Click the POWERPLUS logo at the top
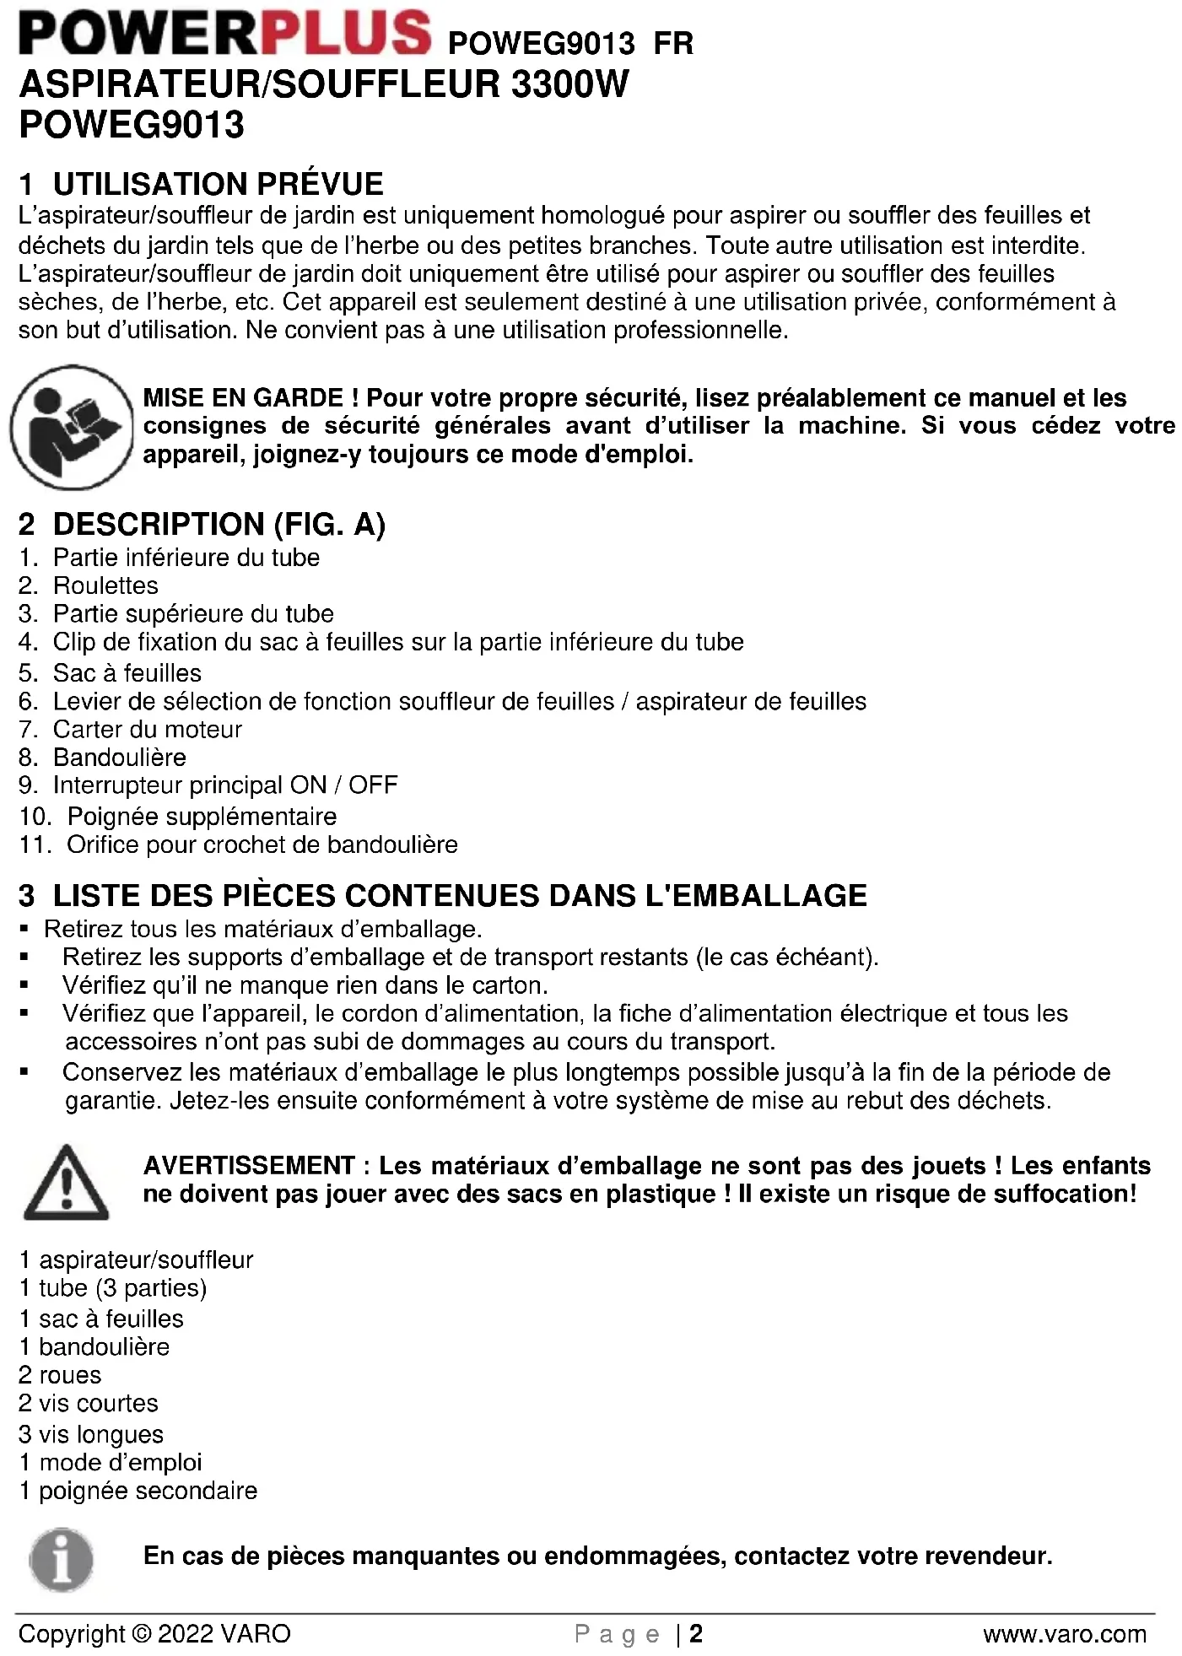pyautogui.click(x=224, y=34)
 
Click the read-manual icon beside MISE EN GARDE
pyautogui.click(x=73, y=427)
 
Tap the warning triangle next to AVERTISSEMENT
pyautogui.click(x=67, y=1184)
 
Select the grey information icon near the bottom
pyautogui.click(x=62, y=1560)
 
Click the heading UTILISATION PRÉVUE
pyautogui.click(x=218, y=184)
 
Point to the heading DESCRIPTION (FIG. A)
pyautogui.click(x=219, y=525)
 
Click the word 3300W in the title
pyautogui.click(x=569, y=84)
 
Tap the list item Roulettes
pyautogui.click(x=105, y=585)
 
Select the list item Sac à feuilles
pyautogui.click(x=127, y=673)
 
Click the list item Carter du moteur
pyautogui.click(x=147, y=729)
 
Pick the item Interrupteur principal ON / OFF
pyautogui.click(x=224, y=785)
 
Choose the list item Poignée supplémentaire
pyautogui.click(x=202, y=817)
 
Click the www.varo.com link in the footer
pyautogui.click(x=1065, y=1634)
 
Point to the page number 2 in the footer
pyautogui.click(x=696, y=1634)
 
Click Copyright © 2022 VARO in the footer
pyautogui.click(x=154, y=1634)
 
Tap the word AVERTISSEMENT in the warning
pyautogui.click(x=249, y=1166)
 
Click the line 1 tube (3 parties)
pyautogui.click(x=112, y=1288)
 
